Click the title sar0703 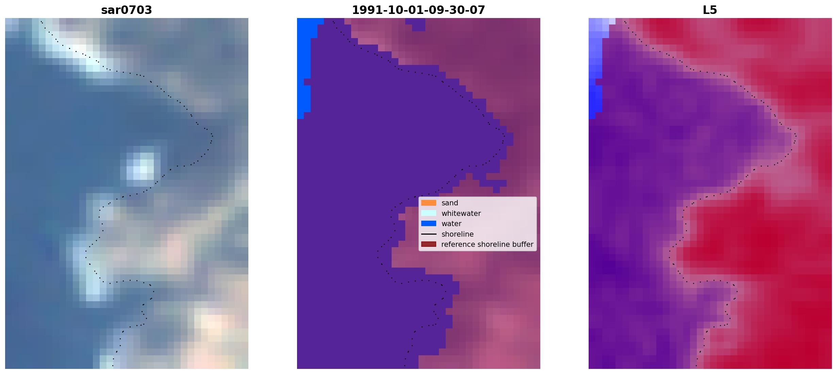[x=127, y=10]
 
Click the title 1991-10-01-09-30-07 [x=419, y=10]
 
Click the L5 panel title [x=710, y=10]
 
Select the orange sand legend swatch [x=429, y=203]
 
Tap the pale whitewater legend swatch [x=429, y=213]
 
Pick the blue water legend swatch [x=429, y=224]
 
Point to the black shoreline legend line [x=429, y=234]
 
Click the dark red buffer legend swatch [x=429, y=244]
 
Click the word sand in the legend [x=450, y=203]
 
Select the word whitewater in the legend [x=461, y=214]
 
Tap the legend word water [x=452, y=224]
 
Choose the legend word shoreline [x=458, y=234]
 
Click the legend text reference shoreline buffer [x=487, y=244]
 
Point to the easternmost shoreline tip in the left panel [x=212, y=136]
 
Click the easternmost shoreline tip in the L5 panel [x=795, y=136]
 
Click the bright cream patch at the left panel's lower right [x=214, y=326]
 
